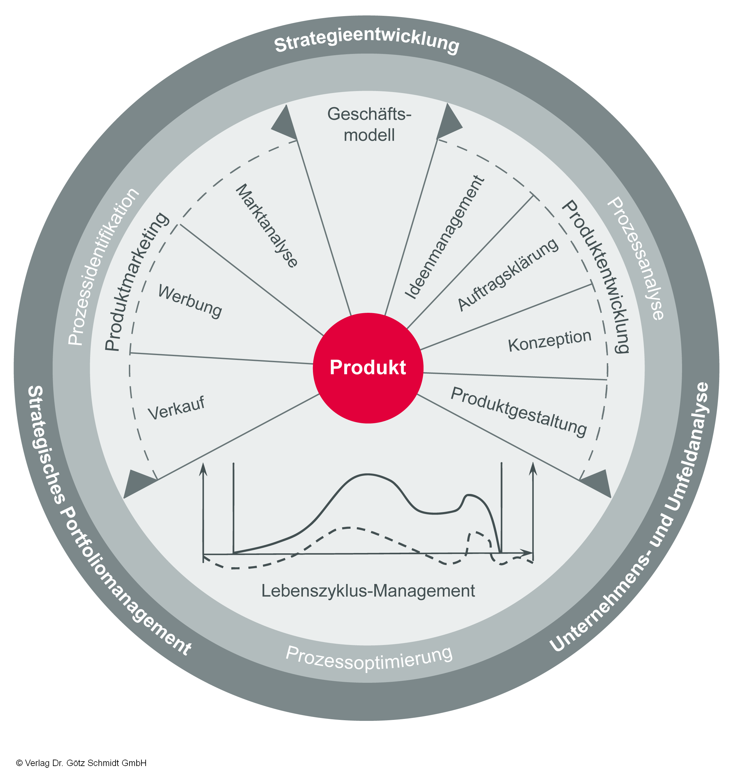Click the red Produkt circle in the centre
point(367,368)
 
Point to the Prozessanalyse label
point(636,259)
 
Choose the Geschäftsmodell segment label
point(369,125)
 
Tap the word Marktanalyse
point(267,226)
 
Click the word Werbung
point(190,301)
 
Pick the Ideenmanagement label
point(445,237)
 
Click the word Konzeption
point(549,340)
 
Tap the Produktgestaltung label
point(518,411)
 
